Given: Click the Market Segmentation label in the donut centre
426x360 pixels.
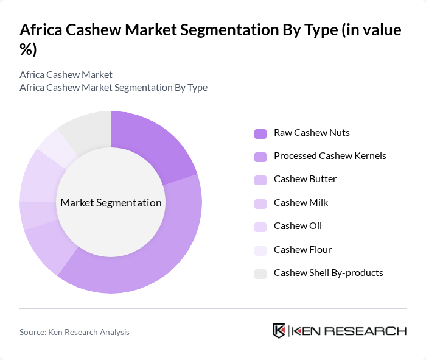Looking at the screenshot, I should [111, 203].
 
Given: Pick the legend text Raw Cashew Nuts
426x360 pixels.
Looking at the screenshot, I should [312, 132].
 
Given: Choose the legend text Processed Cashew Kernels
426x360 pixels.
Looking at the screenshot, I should [330, 155].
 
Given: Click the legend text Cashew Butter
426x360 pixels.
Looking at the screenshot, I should [305, 178].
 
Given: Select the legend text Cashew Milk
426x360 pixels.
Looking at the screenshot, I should [301, 202].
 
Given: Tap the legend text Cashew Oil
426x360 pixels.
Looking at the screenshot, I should [298, 225].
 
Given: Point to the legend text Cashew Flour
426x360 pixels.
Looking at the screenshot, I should [302, 249].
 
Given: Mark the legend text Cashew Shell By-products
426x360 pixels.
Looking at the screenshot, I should [329, 272].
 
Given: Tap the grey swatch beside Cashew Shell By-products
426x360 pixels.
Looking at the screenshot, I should [260, 274].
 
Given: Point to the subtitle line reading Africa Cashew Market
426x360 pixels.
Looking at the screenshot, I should [66, 74].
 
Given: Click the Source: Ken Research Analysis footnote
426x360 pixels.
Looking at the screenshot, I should [74, 332].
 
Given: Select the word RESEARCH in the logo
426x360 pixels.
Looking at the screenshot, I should [371, 331].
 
